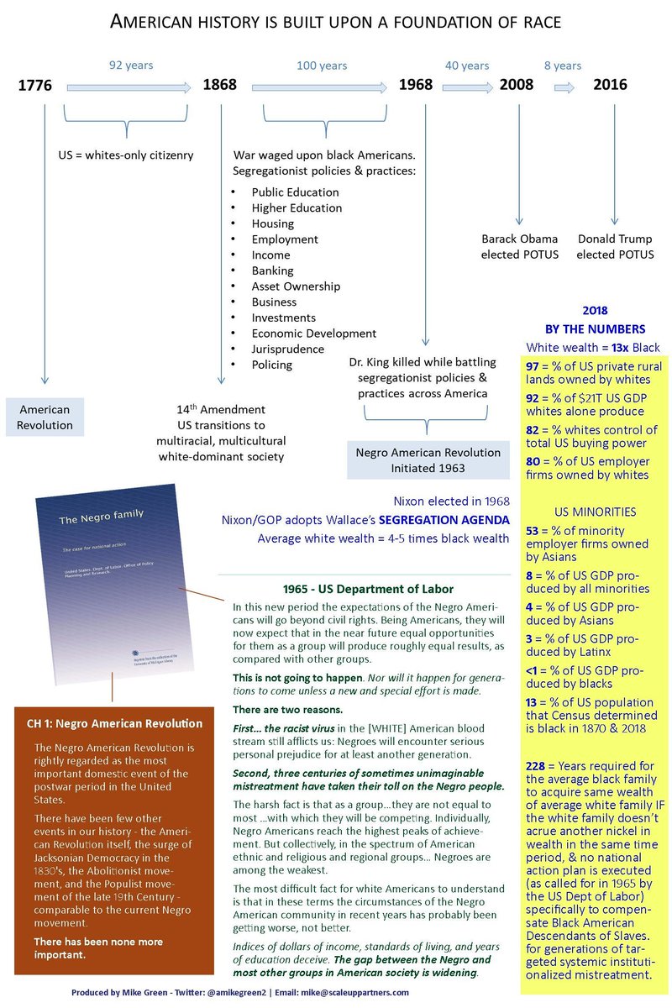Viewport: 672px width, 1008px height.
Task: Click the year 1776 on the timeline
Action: [34, 85]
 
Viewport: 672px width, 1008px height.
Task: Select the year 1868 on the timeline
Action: [219, 85]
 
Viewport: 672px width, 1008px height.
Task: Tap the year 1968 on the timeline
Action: [416, 85]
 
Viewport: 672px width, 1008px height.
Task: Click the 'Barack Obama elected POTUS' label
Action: [520, 247]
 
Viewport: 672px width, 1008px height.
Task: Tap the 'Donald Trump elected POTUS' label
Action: [616, 247]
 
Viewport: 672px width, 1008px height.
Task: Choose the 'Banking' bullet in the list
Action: [272, 270]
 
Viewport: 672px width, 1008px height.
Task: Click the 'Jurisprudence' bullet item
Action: [287, 349]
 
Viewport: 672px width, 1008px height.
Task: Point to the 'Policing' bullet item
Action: [272, 365]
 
